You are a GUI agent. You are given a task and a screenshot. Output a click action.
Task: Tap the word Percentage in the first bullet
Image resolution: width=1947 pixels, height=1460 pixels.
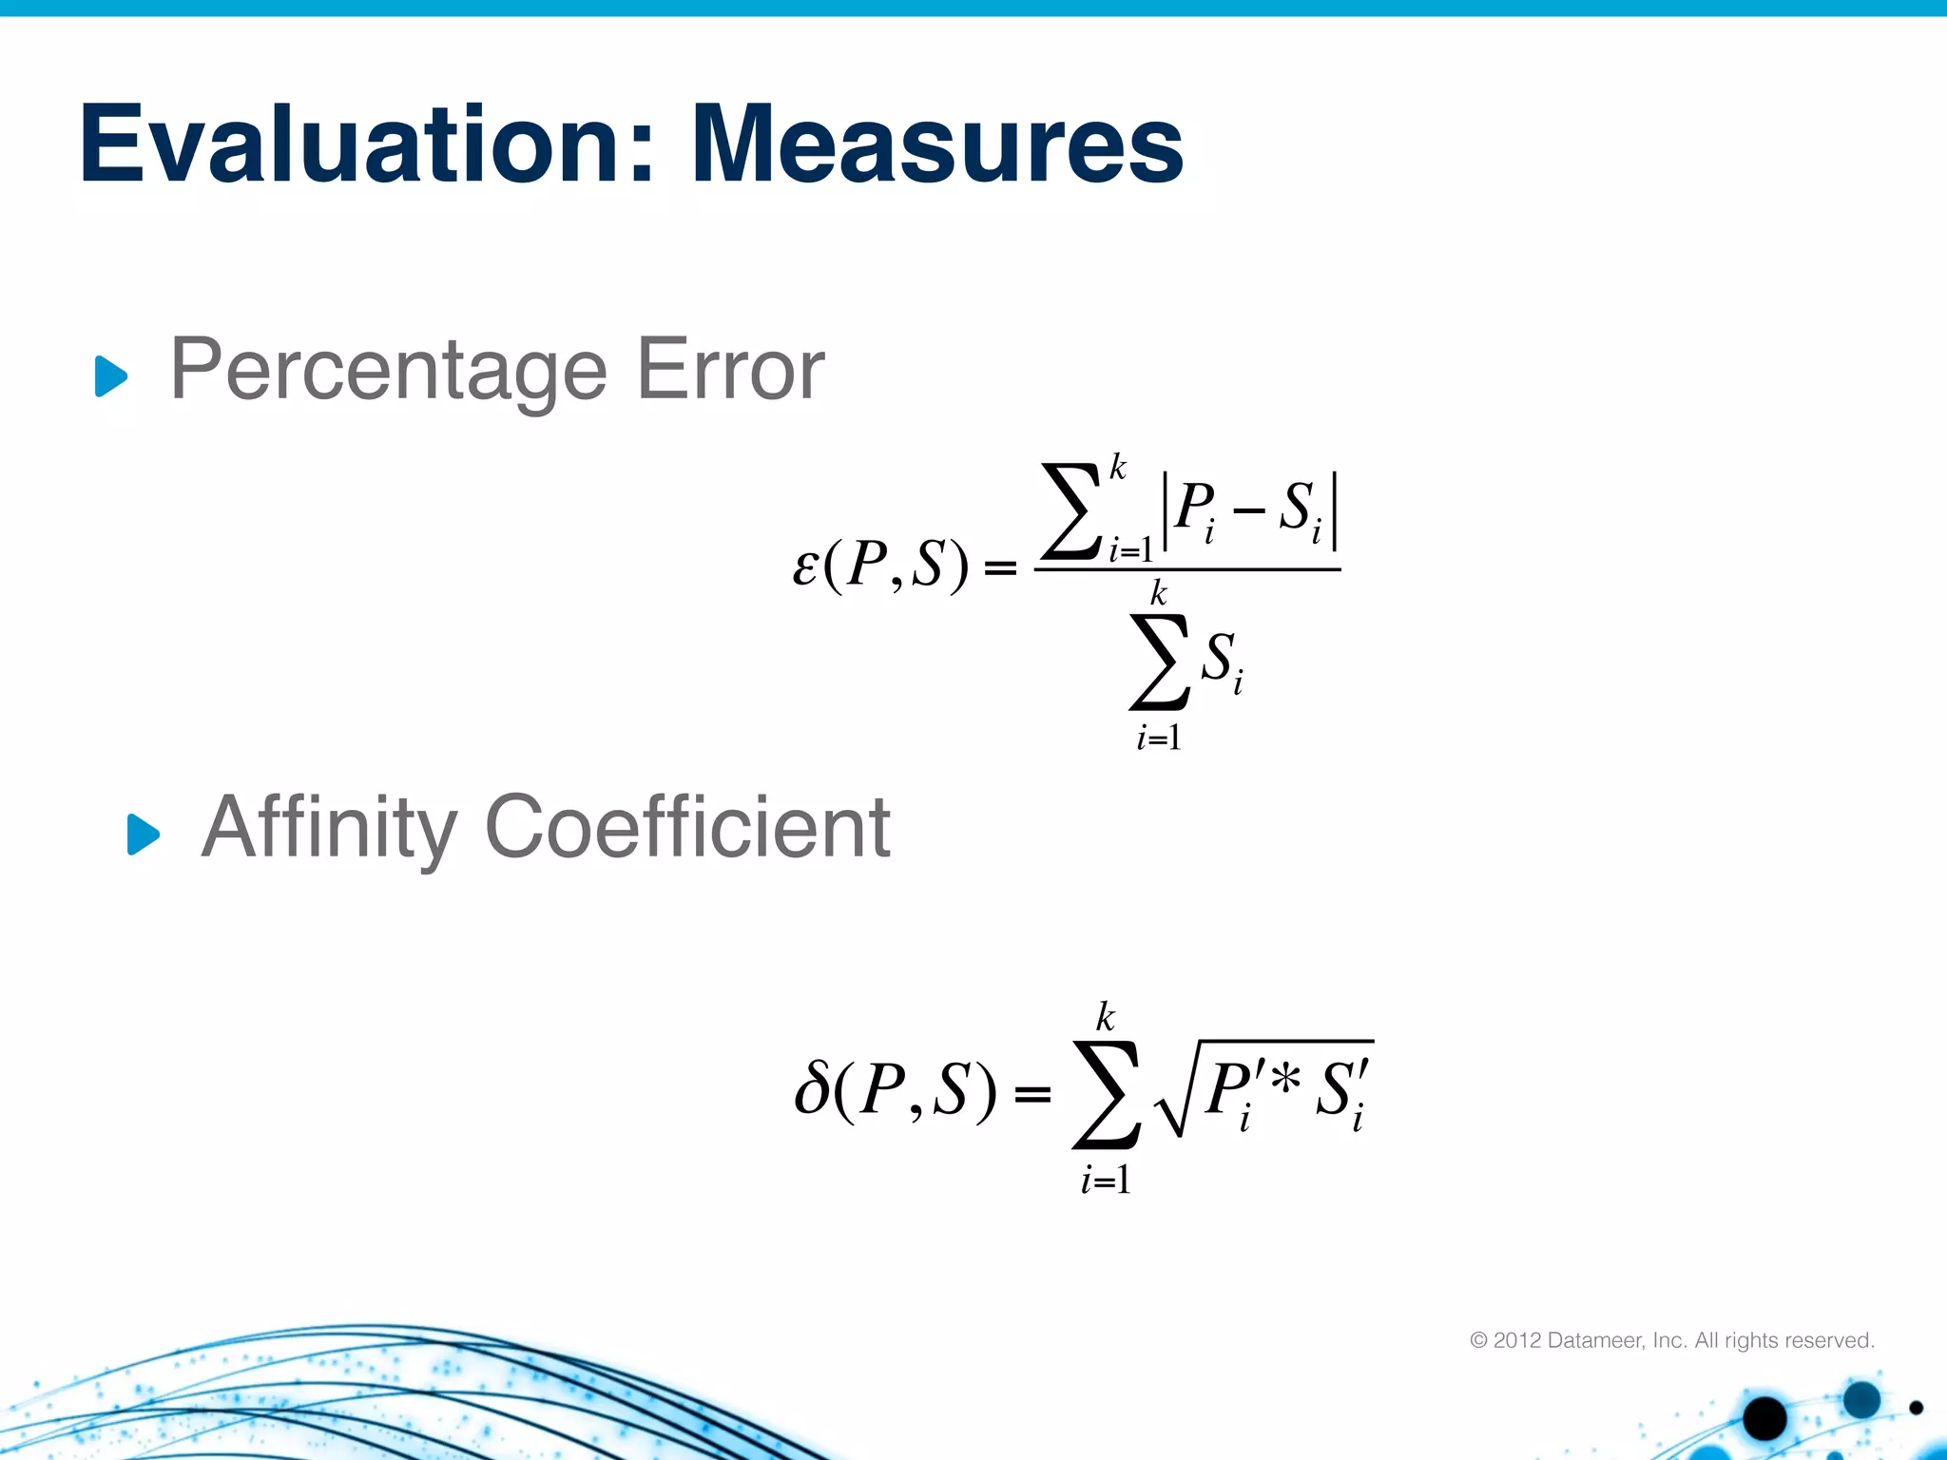388,371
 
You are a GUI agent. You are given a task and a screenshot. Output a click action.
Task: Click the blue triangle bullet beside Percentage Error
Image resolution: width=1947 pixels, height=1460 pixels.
111,376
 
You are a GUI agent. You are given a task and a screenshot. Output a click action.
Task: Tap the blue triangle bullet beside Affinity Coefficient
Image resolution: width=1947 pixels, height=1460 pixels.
144,835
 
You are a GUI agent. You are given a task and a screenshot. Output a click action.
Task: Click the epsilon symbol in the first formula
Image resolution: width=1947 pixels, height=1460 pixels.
805,567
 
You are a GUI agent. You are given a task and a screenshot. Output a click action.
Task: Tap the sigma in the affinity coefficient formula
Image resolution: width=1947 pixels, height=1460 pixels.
1106,1095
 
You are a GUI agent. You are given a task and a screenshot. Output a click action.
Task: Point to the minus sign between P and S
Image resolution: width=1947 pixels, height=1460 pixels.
1249,512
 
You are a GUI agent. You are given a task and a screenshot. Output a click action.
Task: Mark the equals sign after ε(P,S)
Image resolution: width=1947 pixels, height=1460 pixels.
1000,568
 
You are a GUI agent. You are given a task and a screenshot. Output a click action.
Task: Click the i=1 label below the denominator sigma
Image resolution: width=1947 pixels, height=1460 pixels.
1159,738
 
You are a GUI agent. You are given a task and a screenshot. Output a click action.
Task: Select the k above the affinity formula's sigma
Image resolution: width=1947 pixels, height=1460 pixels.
1105,1017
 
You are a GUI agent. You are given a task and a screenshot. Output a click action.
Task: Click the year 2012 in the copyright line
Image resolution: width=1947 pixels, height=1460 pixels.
1516,1340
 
